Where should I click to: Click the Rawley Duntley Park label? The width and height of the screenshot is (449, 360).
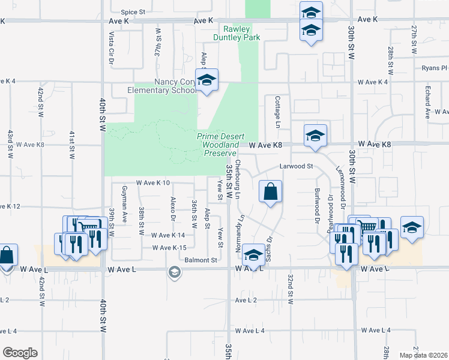[237, 33]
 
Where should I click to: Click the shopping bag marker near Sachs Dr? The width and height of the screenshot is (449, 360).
[271, 192]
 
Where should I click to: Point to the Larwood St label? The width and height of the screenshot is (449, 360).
[297, 166]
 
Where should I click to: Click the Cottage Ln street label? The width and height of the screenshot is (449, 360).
[278, 112]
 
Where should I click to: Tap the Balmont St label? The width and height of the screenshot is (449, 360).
[200, 260]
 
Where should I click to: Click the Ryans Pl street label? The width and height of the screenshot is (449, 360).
[435, 68]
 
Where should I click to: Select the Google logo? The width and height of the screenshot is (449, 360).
[20, 353]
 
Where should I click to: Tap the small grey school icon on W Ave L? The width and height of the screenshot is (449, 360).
[174, 273]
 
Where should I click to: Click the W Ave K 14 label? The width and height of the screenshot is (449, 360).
[169, 236]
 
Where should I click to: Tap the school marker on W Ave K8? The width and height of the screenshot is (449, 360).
[315, 136]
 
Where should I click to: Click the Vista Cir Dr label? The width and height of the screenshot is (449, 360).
[111, 48]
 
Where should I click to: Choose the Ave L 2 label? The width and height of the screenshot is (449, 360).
[246, 300]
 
